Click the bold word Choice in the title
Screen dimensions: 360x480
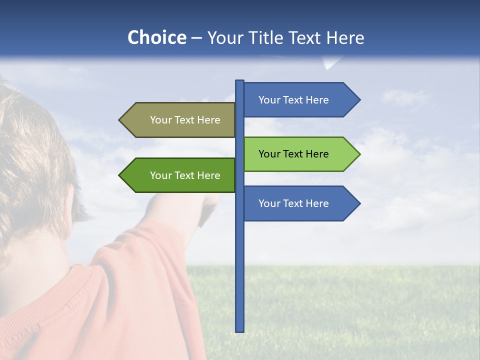[x=156, y=37]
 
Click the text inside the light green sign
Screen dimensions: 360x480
[x=293, y=154]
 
